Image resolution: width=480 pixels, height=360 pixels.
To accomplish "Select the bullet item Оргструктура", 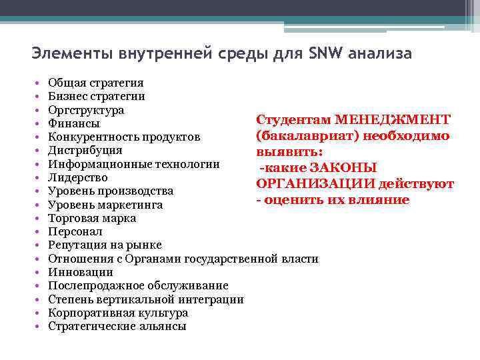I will (x=86, y=109).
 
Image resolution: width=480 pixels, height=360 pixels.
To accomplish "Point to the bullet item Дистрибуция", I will (x=85, y=151).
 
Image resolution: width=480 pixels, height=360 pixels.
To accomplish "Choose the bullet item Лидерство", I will (x=78, y=177).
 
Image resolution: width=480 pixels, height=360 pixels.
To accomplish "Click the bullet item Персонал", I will (x=75, y=231).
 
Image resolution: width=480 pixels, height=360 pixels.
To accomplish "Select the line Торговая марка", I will (x=92, y=218).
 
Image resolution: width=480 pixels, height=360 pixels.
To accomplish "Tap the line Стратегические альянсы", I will (x=117, y=326).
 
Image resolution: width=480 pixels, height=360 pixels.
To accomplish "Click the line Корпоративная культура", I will (x=118, y=313).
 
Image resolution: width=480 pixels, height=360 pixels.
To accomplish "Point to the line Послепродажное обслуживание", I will (x=138, y=285).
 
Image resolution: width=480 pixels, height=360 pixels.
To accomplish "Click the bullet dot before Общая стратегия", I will (x=37, y=83).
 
